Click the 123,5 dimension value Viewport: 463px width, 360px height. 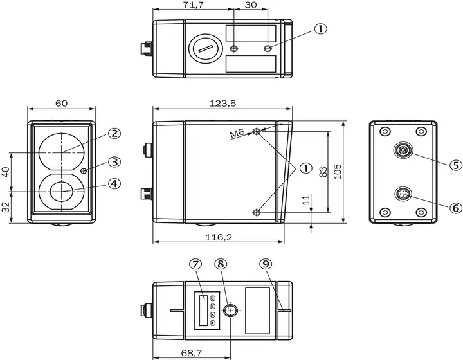point(222,104)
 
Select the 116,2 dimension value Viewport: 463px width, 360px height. point(219,237)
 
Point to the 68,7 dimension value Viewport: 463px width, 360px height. point(192,353)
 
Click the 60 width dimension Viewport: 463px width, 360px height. point(62,103)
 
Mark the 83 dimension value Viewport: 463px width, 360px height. point(323,172)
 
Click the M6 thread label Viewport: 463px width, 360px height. point(237,134)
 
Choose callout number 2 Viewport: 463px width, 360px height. point(114,133)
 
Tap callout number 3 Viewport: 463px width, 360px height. point(114,162)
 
